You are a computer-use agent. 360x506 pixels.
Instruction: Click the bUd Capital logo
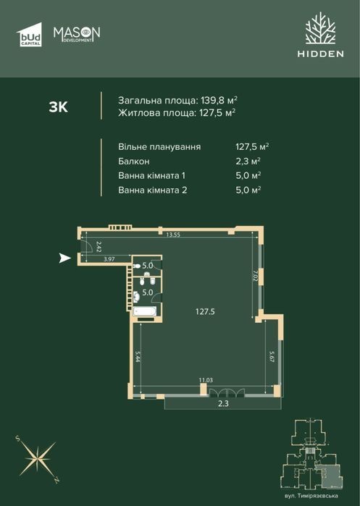pyautogui.click(x=29, y=35)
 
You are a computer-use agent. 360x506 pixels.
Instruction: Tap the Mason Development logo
pyautogui.click(x=77, y=34)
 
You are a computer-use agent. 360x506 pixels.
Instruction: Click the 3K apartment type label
pyautogui.click(x=59, y=107)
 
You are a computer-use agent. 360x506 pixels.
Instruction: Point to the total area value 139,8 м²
pyautogui.click(x=219, y=100)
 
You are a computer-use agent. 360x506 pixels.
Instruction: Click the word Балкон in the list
pyautogui.click(x=134, y=161)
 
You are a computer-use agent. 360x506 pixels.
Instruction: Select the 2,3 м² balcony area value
pyautogui.click(x=248, y=161)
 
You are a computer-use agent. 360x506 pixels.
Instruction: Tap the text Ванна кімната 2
pyautogui.click(x=152, y=190)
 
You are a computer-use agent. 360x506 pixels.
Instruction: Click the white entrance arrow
pyautogui.click(x=65, y=258)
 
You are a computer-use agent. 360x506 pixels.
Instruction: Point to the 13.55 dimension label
pyautogui.click(x=173, y=235)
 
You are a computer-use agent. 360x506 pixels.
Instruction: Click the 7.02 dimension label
pyautogui.click(x=255, y=277)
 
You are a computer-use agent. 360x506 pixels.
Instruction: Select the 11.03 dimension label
pyautogui.click(x=206, y=380)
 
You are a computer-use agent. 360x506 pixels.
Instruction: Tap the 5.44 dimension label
pyautogui.click(x=138, y=356)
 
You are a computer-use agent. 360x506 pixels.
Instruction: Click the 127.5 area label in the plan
pyautogui.click(x=205, y=312)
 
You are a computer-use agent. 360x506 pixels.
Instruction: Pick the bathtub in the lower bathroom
pyautogui.click(x=145, y=311)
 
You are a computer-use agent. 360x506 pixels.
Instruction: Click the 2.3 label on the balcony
pyautogui.click(x=223, y=403)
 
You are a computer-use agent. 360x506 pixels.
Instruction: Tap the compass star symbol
pyautogui.click(x=38, y=459)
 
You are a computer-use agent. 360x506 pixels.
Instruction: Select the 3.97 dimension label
pyautogui.click(x=109, y=259)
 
